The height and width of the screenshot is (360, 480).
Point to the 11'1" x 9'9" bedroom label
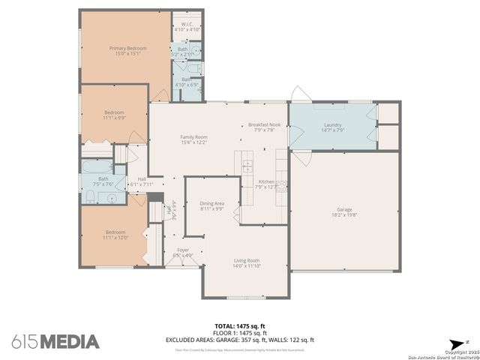click(115, 115)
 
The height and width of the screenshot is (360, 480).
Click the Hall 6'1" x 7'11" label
click(142, 181)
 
